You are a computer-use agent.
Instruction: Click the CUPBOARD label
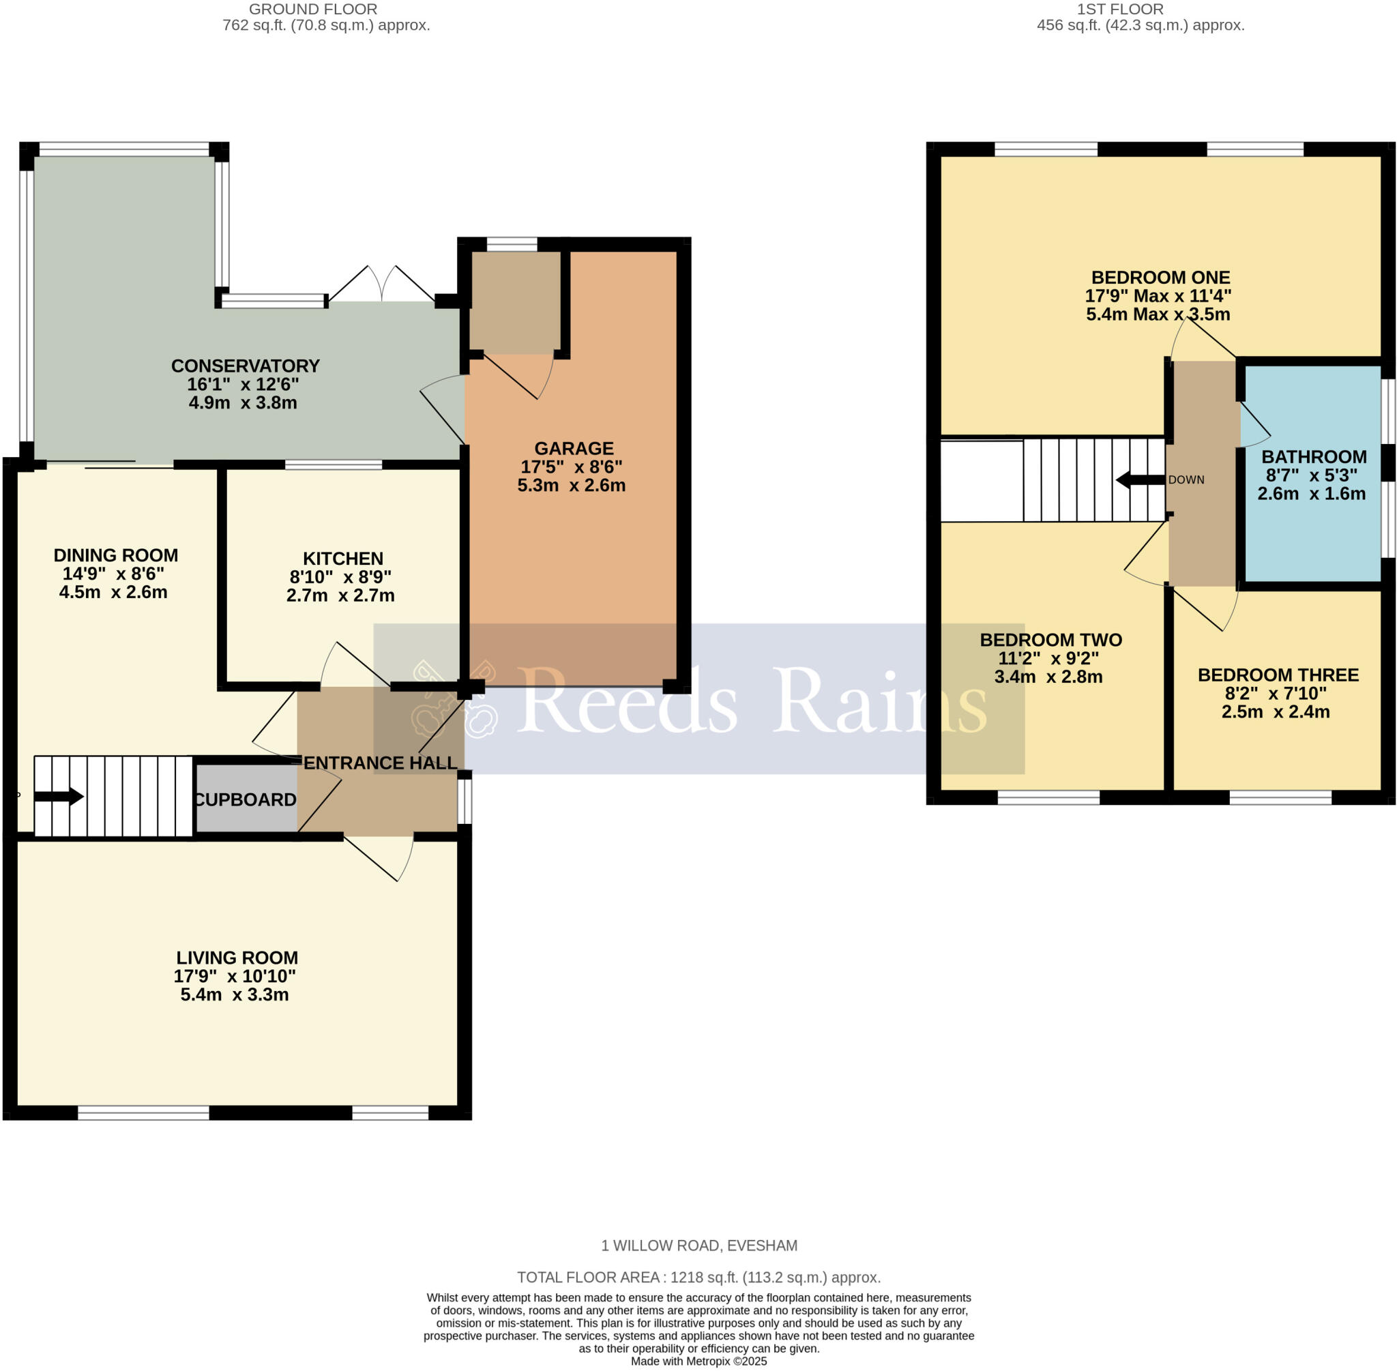245,799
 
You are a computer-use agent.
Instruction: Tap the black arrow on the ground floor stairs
59,797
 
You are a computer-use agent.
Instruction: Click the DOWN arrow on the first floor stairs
1140,480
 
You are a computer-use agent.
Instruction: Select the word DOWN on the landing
1186,480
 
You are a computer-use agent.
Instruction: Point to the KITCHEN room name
342,558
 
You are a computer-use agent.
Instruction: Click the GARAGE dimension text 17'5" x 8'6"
571,467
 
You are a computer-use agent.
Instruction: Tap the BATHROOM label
1314,456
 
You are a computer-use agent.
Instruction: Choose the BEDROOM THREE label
1278,675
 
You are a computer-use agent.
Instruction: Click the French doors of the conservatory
383,286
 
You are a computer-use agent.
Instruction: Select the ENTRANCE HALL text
380,763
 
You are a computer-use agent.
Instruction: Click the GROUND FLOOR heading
312,10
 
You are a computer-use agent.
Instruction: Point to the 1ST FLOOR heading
1120,10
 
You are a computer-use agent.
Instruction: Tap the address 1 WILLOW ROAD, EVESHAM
698,1245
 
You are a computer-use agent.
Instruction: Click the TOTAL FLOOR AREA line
698,1278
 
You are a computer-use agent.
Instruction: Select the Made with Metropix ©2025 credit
698,1361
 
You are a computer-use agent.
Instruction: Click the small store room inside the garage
514,302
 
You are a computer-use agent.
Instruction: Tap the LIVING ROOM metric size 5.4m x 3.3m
234,994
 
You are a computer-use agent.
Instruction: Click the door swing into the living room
382,858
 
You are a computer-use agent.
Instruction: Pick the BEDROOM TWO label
1050,639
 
